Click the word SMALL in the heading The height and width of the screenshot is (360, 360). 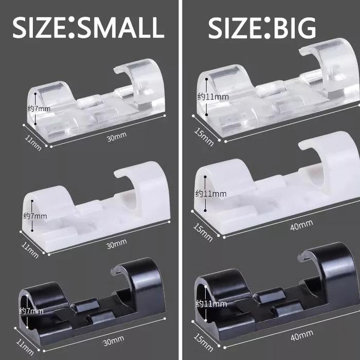point(121,27)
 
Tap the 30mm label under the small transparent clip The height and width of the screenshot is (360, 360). point(117,137)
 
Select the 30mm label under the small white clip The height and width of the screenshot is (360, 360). point(117,244)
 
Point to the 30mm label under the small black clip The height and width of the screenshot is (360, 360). point(114,340)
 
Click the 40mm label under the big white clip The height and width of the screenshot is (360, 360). point(301,225)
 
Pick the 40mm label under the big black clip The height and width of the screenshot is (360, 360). point(302,335)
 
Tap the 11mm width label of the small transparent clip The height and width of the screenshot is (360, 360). point(33,142)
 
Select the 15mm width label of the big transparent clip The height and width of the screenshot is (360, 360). point(204,137)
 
